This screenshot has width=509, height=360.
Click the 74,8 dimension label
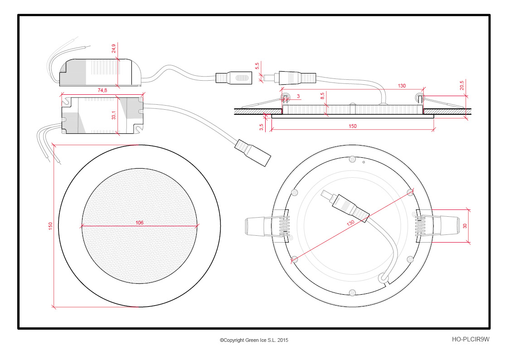pos(102,90)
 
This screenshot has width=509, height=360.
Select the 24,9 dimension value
pos(114,49)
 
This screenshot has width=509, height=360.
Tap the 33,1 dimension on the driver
pos(114,115)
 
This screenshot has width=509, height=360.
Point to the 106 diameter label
pos(139,223)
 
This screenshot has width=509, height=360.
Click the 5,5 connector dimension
pos(257,66)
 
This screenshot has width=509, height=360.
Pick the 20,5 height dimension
pos(462,85)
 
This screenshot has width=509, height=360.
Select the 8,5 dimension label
pos(322,96)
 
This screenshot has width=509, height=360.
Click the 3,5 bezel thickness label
pos(262,127)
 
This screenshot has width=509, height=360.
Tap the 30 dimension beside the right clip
pos(465,226)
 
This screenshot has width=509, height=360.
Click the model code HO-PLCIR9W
pos(470,339)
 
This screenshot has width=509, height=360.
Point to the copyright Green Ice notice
pos(254,340)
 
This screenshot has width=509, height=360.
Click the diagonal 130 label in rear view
pos(350,223)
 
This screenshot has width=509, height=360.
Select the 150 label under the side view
pos(353,126)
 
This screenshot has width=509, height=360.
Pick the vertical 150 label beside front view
pos(50,226)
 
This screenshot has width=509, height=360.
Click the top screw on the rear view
pos(353,159)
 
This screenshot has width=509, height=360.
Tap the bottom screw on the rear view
pos(353,293)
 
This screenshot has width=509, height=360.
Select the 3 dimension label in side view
pos(298,96)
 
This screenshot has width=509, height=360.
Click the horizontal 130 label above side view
pos(402,86)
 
